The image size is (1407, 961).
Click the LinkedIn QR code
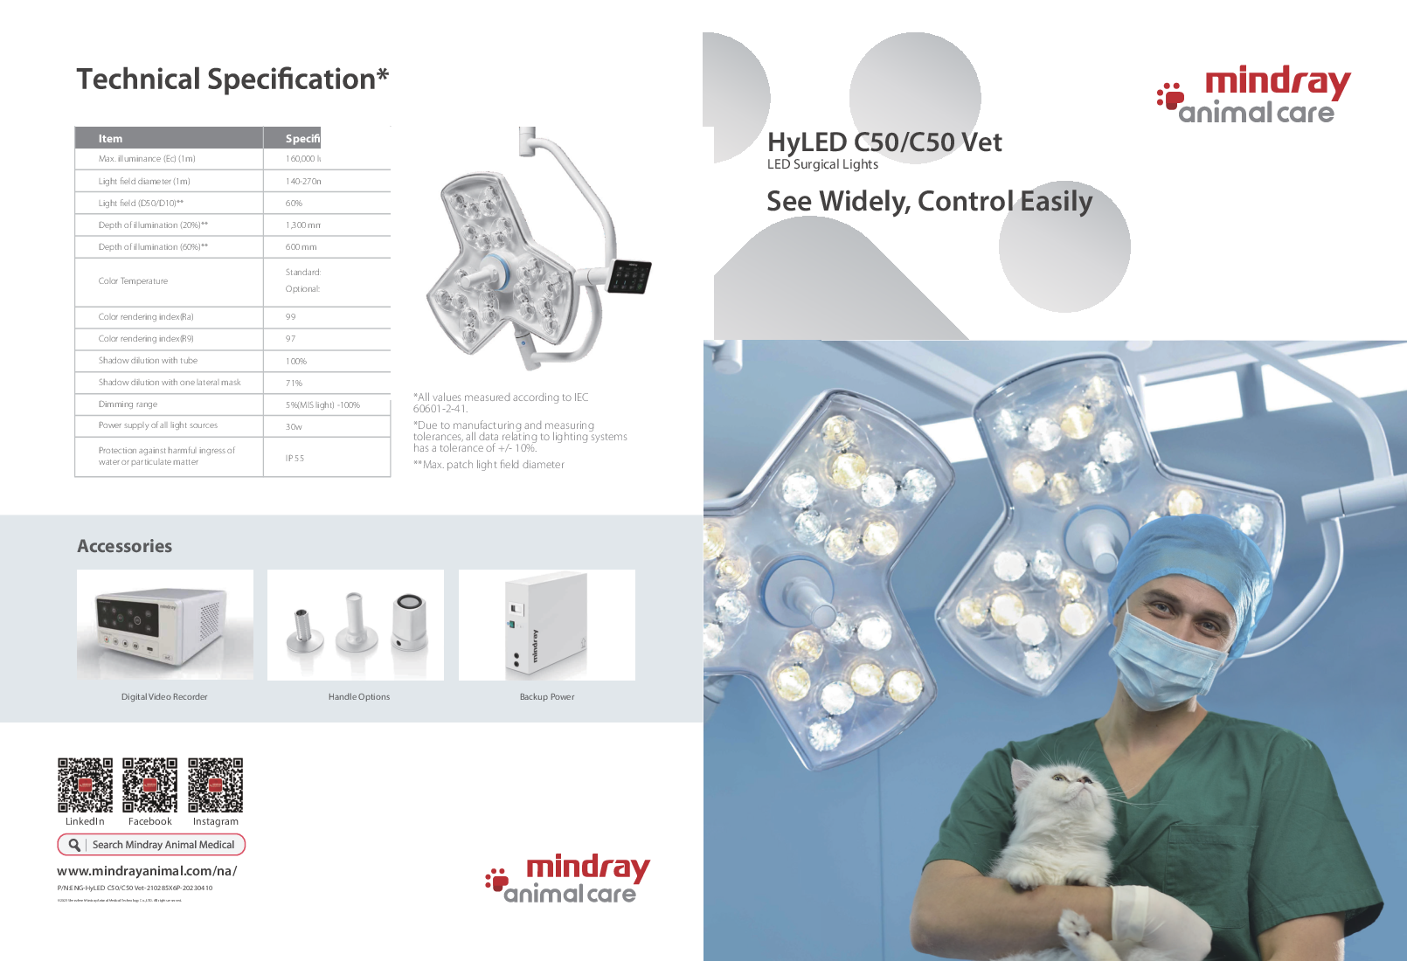(85, 785)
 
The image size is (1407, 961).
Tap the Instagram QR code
(215, 785)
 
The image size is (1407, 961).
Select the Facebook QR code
(149, 785)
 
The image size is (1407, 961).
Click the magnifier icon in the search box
(75, 845)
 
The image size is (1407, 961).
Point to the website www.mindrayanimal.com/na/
(147, 871)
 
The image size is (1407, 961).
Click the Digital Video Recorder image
(165, 625)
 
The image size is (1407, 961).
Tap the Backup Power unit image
(546, 625)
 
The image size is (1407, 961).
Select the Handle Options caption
(359, 697)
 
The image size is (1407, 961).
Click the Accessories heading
(125, 546)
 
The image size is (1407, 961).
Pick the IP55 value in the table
(295, 458)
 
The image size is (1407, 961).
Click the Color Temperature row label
(133, 281)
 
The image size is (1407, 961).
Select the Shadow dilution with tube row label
(148, 361)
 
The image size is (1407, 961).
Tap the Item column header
(110, 138)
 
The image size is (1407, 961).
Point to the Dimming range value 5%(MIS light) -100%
(322, 405)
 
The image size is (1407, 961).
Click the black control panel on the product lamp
(629, 276)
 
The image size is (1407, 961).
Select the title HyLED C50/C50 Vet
(884, 142)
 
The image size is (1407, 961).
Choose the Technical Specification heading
(232, 80)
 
